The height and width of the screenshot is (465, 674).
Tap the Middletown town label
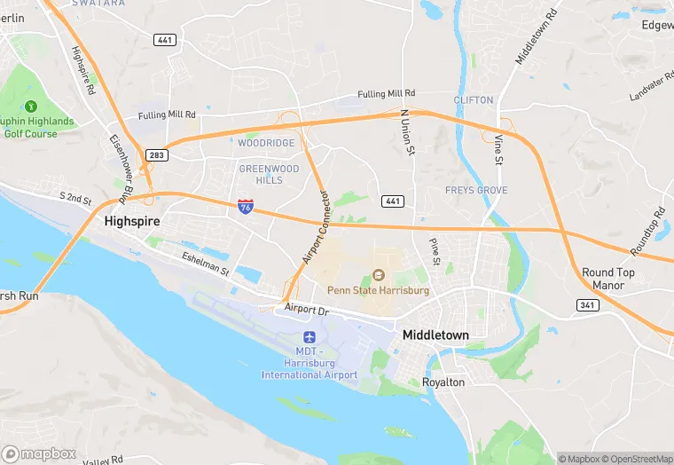coord(435,335)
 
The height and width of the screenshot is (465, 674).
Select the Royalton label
coord(443,382)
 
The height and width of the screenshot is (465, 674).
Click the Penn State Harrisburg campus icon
coord(379,274)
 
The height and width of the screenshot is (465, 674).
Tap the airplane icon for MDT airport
coord(310,337)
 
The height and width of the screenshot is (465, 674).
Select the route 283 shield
coord(156,155)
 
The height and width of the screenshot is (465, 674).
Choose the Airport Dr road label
coord(307,310)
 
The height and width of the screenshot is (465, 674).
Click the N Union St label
coord(406,131)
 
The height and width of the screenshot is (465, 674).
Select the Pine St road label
coord(435,251)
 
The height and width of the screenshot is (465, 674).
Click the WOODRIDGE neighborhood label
coord(265,143)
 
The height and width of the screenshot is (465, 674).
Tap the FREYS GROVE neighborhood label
coord(476,191)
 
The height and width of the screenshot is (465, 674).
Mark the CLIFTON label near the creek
coord(473,100)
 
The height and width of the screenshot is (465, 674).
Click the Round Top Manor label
coord(607,279)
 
